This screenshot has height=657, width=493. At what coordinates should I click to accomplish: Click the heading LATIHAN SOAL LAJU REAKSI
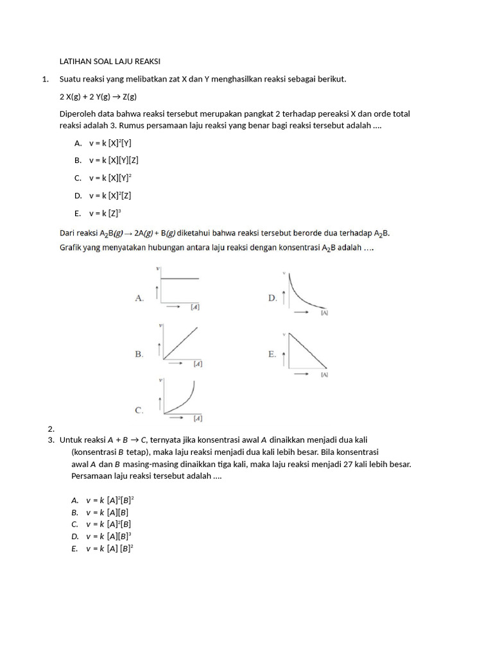(x=110, y=62)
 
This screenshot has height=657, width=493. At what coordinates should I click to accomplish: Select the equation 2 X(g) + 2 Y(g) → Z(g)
(x=98, y=96)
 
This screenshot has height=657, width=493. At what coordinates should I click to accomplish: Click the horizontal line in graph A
(x=180, y=278)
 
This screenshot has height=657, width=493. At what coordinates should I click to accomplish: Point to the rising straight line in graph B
(x=181, y=343)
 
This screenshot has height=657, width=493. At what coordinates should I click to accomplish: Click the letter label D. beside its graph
(x=272, y=298)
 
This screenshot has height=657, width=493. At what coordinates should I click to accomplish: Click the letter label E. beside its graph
(x=272, y=354)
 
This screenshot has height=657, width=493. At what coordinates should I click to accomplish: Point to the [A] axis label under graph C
(x=198, y=419)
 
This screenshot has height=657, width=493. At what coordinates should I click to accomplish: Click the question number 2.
(x=51, y=428)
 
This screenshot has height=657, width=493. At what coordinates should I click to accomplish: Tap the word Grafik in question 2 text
(x=73, y=246)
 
